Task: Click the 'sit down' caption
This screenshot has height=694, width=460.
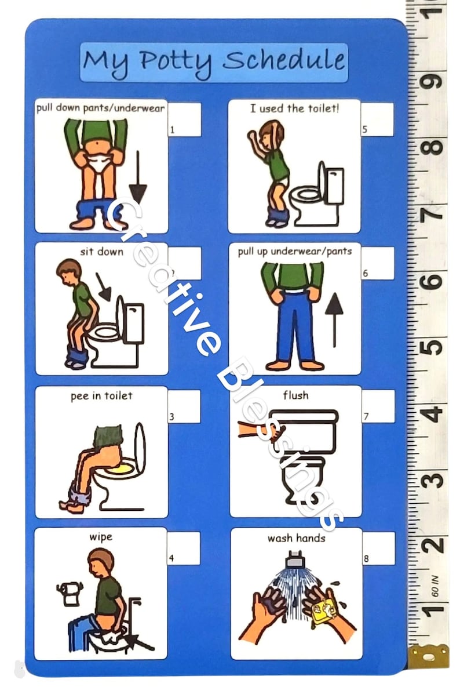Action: click(102, 252)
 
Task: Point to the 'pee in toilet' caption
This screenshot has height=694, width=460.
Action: click(101, 395)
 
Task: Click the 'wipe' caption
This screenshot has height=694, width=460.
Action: click(100, 537)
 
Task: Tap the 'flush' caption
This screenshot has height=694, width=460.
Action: click(295, 395)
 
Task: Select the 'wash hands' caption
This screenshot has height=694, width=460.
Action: click(296, 538)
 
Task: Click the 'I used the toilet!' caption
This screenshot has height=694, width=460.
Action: click(294, 108)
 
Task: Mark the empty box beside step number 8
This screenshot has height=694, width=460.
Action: click(379, 548)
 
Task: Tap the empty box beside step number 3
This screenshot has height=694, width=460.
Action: click(184, 406)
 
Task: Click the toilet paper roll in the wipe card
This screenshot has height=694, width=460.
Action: click(70, 593)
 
